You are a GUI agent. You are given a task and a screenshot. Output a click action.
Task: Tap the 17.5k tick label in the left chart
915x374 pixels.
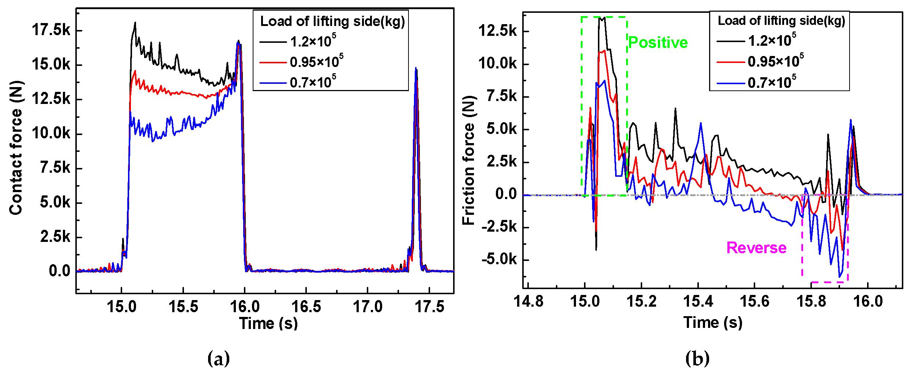click(x=51, y=30)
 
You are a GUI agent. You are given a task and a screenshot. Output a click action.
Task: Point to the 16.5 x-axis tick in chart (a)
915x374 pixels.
click(x=306, y=307)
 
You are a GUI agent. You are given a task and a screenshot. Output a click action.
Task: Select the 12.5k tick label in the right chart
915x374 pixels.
click(x=498, y=31)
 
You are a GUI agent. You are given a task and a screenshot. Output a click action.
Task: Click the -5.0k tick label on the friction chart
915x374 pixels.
click(x=499, y=259)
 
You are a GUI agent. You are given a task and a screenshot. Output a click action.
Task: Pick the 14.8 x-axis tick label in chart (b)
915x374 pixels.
click(x=528, y=302)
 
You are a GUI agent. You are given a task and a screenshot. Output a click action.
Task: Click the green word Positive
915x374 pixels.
click(x=658, y=43)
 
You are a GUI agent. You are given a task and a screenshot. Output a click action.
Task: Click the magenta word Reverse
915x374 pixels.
click(x=756, y=248)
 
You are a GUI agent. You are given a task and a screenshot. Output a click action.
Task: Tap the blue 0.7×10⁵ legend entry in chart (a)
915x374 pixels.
click(x=313, y=82)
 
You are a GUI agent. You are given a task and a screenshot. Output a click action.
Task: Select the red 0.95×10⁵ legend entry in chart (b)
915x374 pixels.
click(x=775, y=61)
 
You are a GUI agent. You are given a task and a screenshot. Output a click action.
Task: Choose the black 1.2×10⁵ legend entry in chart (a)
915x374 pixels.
click(x=313, y=41)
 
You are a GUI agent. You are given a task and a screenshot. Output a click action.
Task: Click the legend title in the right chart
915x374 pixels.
click(x=782, y=21)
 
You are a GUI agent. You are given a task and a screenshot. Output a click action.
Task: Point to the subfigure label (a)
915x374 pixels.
click(x=218, y=358)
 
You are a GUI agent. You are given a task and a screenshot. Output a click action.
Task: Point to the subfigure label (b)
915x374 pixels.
click(x=697, y=358)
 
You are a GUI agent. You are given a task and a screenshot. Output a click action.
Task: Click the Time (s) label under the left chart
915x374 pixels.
click(x=268, y=323)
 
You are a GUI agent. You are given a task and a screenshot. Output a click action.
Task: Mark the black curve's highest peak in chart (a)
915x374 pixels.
click(x=135, y=23)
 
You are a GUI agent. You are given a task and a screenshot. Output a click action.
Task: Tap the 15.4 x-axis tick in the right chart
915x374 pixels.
click(x=698, y=302)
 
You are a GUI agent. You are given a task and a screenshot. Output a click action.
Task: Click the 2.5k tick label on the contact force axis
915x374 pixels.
click(x=55, y=237)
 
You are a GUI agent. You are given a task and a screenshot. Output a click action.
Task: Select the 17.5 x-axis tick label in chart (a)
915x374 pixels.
click(x=429, y=307)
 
